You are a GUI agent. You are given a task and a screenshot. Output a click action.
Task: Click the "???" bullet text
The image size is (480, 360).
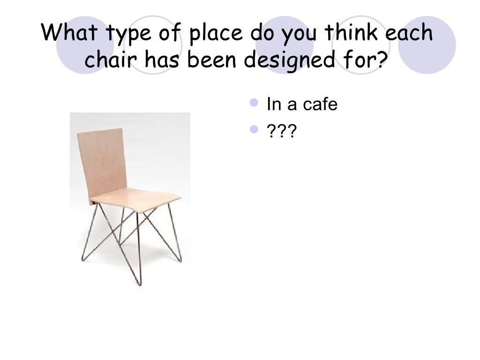(281, 132)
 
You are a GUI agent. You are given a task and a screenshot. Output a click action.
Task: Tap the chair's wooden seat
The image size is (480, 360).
(136, 199)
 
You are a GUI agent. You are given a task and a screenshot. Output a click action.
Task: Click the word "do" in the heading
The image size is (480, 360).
(259, 34)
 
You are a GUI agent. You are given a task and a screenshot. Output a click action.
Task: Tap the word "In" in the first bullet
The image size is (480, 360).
(273, 105)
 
